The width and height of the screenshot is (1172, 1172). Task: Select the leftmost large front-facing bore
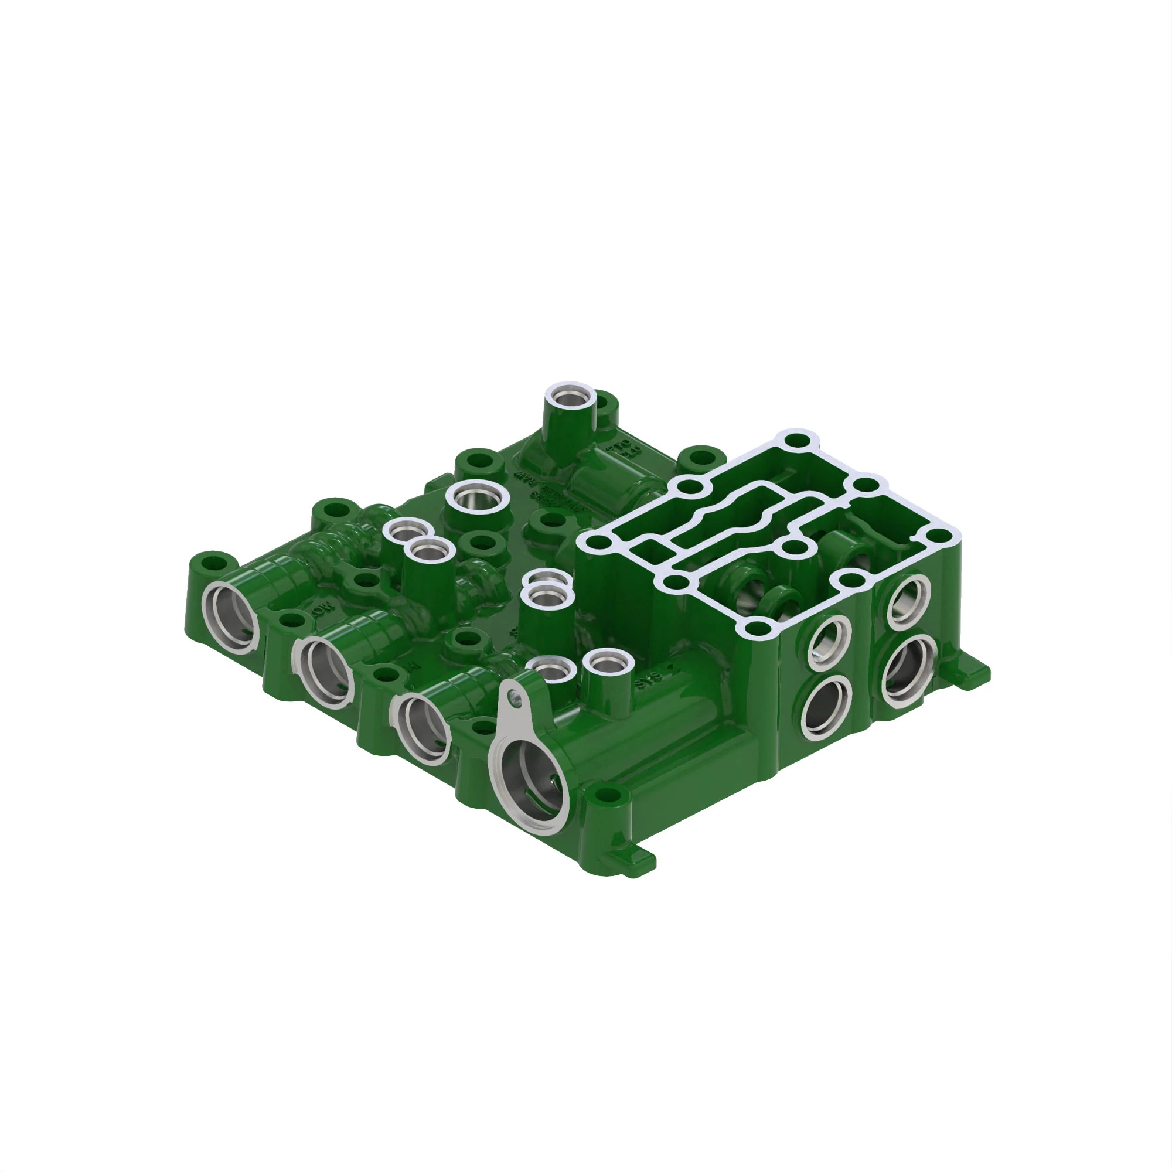click(230, 617)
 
